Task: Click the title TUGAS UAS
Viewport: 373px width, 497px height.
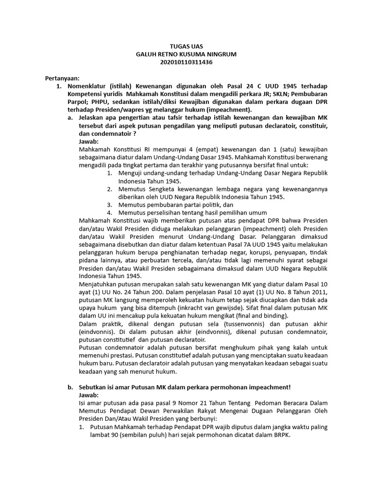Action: click(x=186, y=47)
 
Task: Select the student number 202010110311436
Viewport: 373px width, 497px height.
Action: click(x=186, y=62)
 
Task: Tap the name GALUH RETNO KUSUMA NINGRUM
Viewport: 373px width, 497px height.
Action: click(x=186, y=54)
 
